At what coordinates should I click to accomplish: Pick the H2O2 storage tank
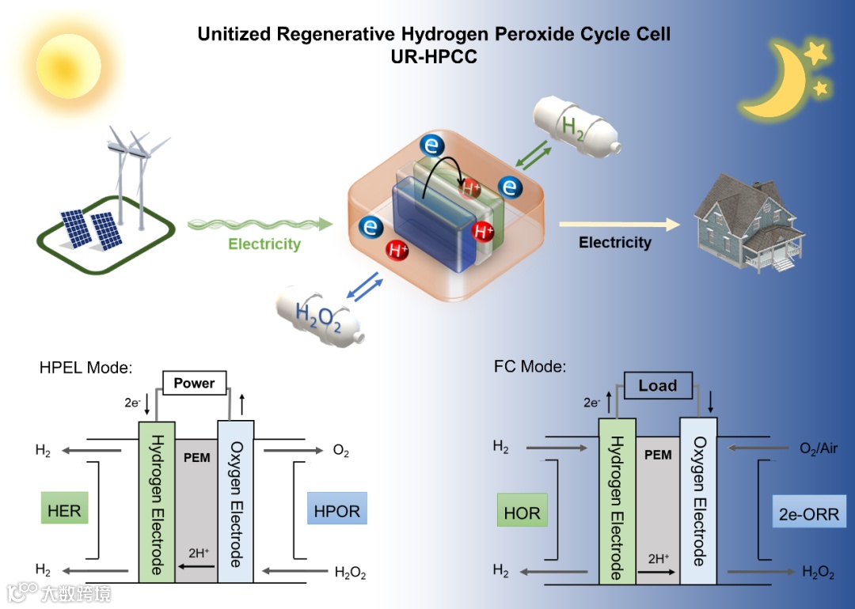(320, 317)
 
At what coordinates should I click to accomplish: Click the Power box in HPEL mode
(194, 384)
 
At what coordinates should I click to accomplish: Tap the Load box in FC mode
(657, 386)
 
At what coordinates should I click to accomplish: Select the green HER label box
(64, 511)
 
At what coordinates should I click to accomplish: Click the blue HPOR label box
(336, 511)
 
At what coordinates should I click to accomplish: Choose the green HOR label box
(522, 513)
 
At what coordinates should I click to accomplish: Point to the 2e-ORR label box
(807, 513)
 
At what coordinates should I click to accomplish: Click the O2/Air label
(818, 449)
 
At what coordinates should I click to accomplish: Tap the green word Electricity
(264, 244)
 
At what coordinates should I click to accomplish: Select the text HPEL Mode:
(85, 368)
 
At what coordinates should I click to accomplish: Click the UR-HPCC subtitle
(433, 57)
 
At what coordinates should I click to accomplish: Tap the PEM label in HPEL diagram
(196, 458)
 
